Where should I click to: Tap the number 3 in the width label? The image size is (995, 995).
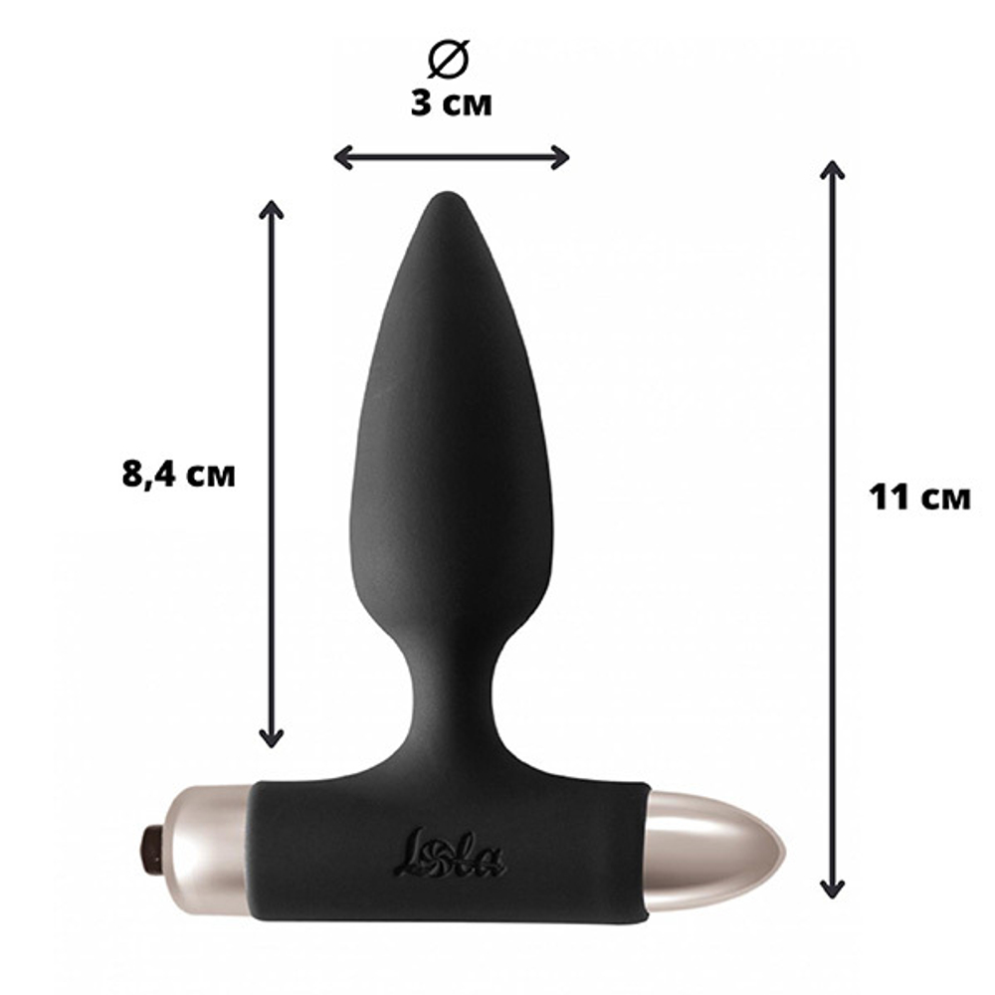point(422,103)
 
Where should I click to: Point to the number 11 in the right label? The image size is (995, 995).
point(888,497)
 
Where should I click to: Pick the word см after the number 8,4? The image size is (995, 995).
point(211,476)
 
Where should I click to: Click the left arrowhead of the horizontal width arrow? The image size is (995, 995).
point(340,157)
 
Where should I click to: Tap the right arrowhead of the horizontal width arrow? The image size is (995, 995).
point(561,157)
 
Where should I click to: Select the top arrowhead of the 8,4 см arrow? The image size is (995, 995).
point(271,208)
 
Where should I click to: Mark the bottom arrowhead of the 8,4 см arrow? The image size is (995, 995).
point(271,738)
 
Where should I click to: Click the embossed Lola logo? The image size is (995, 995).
point(450,854)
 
